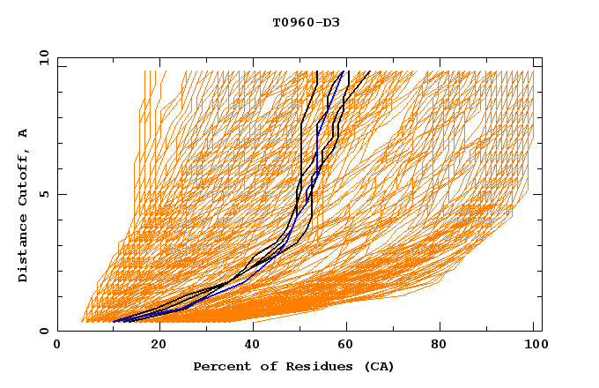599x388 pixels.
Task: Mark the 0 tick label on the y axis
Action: [43, 331]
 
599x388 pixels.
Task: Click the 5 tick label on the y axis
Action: [43, 194]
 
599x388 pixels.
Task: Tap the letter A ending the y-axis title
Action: [24, 133]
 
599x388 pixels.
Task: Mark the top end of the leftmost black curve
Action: [316, 71]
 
